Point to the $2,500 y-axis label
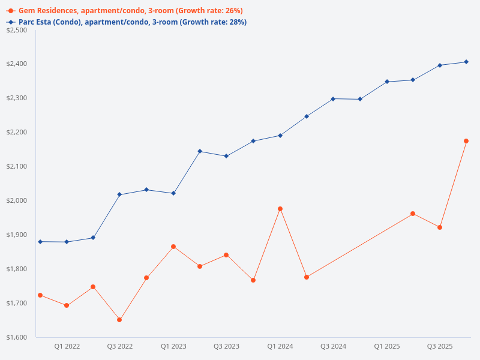coord(16,30)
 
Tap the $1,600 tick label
coord(16,337)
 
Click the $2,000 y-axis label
coord(16,200)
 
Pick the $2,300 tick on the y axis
coord(16,98)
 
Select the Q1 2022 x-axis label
coord(67,346)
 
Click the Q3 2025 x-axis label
coord(440,346)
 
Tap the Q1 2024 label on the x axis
coord(280,346)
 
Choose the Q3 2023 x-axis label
coord(226,346)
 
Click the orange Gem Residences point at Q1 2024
coord(280,209)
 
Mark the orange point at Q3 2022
coord(119,320)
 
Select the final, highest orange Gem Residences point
coord(466,141)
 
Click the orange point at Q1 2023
coord(173,247)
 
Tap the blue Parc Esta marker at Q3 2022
coord(119,194)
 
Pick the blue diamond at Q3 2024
coord(333,98)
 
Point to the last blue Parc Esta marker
coord(466,62)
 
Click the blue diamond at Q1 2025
coord(387,82)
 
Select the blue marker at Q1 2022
coord(67,242)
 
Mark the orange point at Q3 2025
coord(440,227)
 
